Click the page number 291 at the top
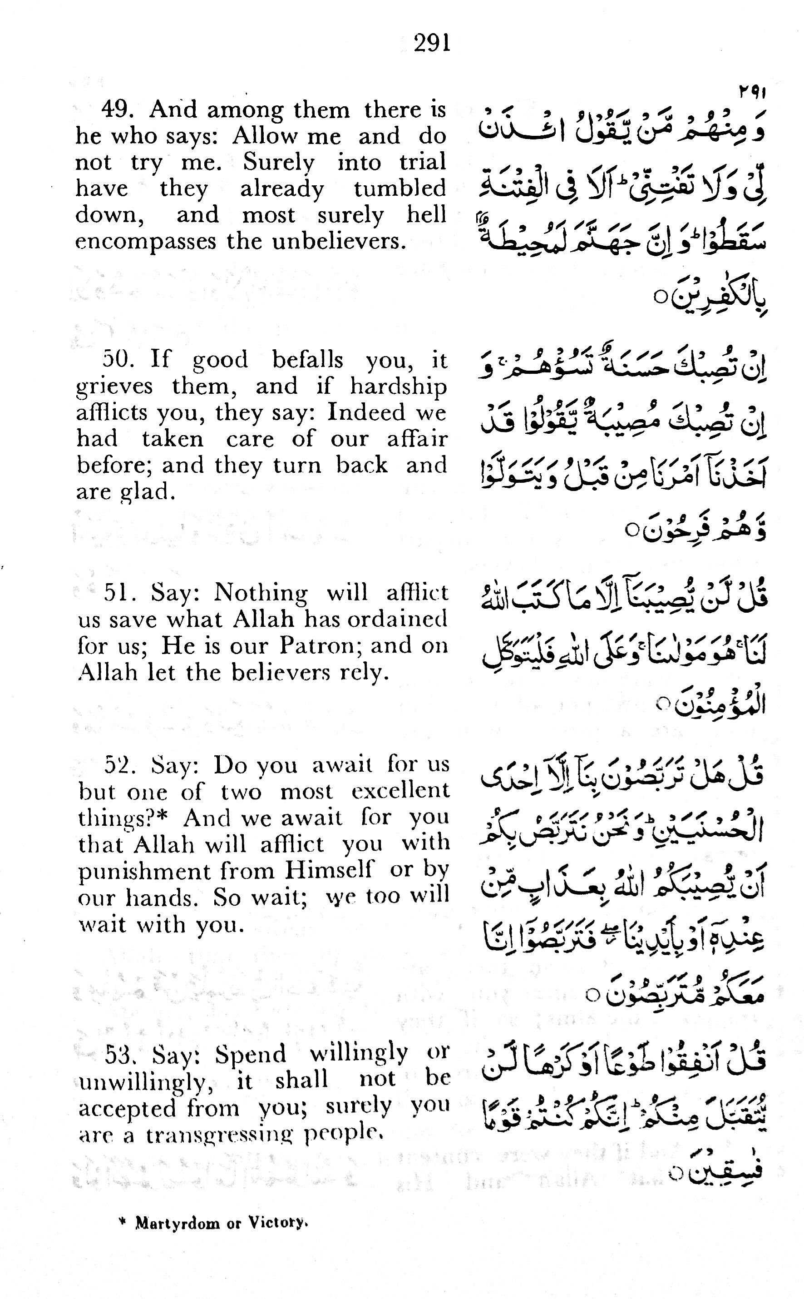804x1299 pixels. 432,43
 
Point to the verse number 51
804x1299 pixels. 118,593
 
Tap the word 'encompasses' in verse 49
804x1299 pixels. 146,242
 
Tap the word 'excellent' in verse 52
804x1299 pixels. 400,792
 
